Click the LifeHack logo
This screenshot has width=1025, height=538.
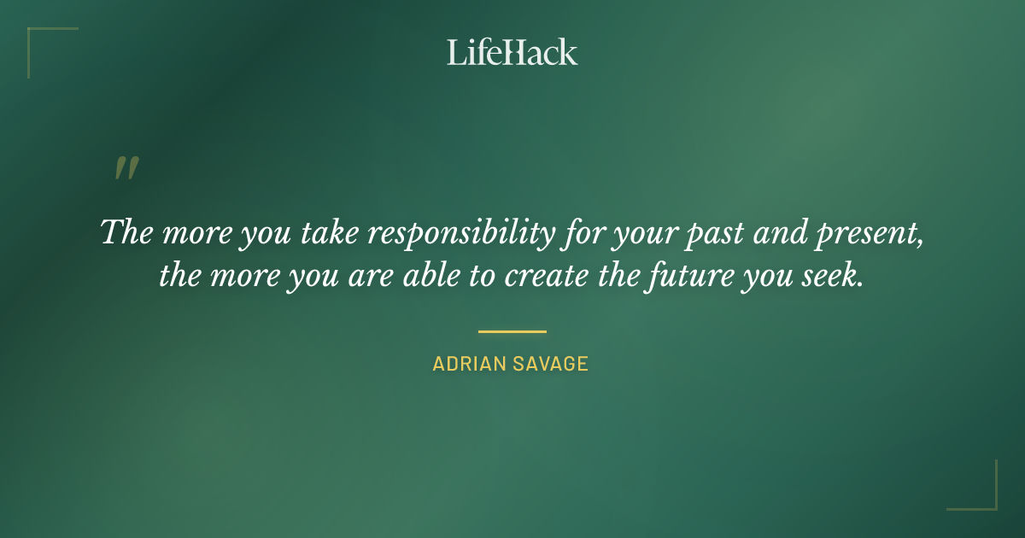click(512, 52)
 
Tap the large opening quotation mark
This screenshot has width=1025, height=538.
click(126, 169)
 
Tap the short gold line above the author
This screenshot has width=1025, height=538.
click(512, 331)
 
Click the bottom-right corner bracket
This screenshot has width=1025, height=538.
click(981, 494)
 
